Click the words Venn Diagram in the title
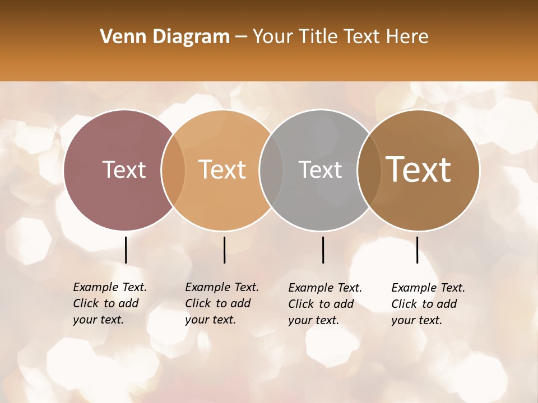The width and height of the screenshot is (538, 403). [x=165, y=37]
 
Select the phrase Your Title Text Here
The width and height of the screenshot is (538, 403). [x=340, y=37]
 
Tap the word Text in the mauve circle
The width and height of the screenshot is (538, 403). [x=124, y=170]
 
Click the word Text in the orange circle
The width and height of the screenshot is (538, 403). [x=222, y=170]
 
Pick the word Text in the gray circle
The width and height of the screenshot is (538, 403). [x=320, y=170]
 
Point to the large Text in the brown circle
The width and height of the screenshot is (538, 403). [x=419, y=169]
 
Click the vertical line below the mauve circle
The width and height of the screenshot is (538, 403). [x=126, y=250]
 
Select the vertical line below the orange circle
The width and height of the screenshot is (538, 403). [x=224, y=250]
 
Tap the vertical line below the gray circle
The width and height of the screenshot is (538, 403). [x=323, y=250]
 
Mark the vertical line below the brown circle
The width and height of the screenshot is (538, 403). [x=418, y=250]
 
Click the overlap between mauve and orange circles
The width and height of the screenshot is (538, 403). [x=173, y=170]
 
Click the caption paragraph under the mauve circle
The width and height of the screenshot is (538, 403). [x=110, y=303]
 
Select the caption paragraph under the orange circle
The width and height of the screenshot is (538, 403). [x=222, y=303]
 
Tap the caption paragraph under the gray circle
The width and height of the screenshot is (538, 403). [x=325, y=304]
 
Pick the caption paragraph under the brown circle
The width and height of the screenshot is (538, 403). [x=428, y=304]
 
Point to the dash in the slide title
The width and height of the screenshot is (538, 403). [x=241, y=38]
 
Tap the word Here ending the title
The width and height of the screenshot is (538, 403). [x=409, y=37]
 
